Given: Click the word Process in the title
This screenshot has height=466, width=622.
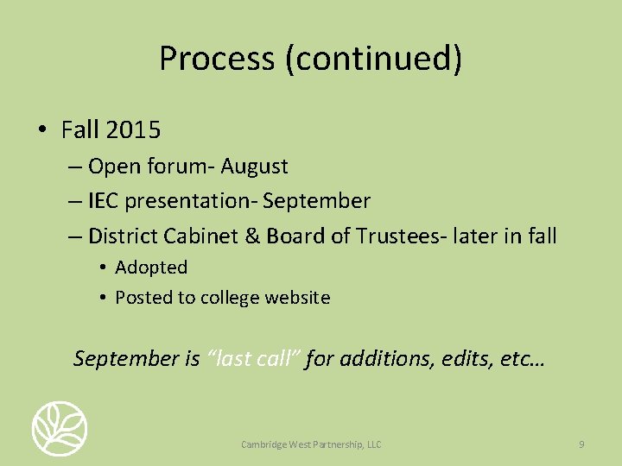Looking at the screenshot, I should (205, 59).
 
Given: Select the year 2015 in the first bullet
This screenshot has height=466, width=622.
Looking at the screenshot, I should (133, 130).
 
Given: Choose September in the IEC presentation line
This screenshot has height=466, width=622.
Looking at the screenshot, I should (316, 201).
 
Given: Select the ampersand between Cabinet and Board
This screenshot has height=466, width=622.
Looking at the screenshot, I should (253, 236).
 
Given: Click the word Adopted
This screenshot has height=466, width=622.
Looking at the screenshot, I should (151, 268).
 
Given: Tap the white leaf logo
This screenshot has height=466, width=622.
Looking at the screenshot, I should (60, 428).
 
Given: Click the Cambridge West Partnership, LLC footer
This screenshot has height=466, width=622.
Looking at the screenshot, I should (311, 444).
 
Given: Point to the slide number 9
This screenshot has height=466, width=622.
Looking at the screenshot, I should (581, 444).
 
